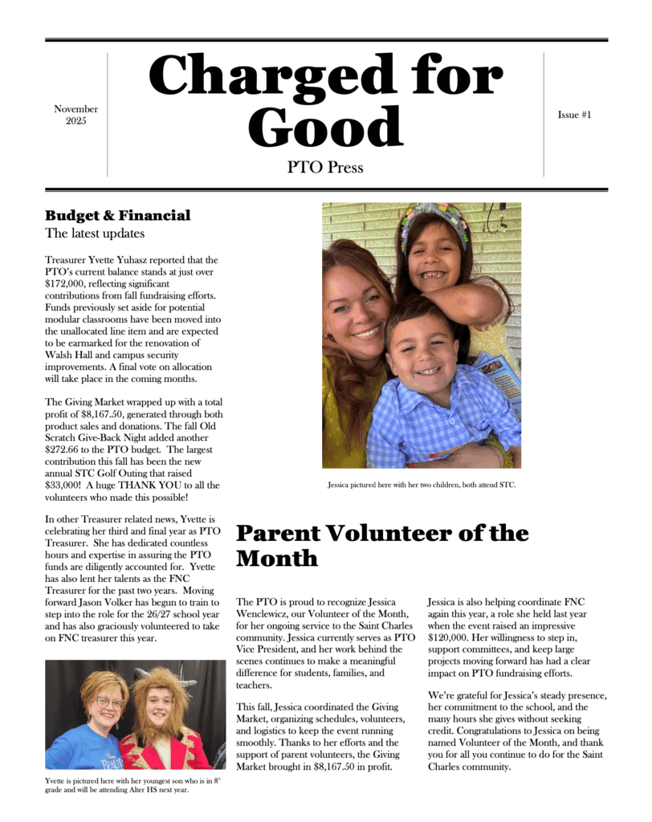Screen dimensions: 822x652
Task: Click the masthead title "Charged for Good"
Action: pyautogui.click(x=325, y=100)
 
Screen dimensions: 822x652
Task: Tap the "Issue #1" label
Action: pyautogui.click(x=574, y=115)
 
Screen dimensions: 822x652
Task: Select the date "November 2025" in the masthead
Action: pyautogui.click(x=76, y=115)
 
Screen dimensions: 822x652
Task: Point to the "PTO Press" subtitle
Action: pyautogui.click(x=325, y=168)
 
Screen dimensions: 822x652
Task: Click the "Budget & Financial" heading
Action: pyautogui.click(x=117, y=215)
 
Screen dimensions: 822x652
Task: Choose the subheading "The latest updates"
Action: pyautogui.click(x=95, y=234)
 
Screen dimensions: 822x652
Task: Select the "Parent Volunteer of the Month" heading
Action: pyautogui.click(x=381, y=545)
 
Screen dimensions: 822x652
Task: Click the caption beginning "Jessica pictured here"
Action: pyautogui.click(x=421, y=484)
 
